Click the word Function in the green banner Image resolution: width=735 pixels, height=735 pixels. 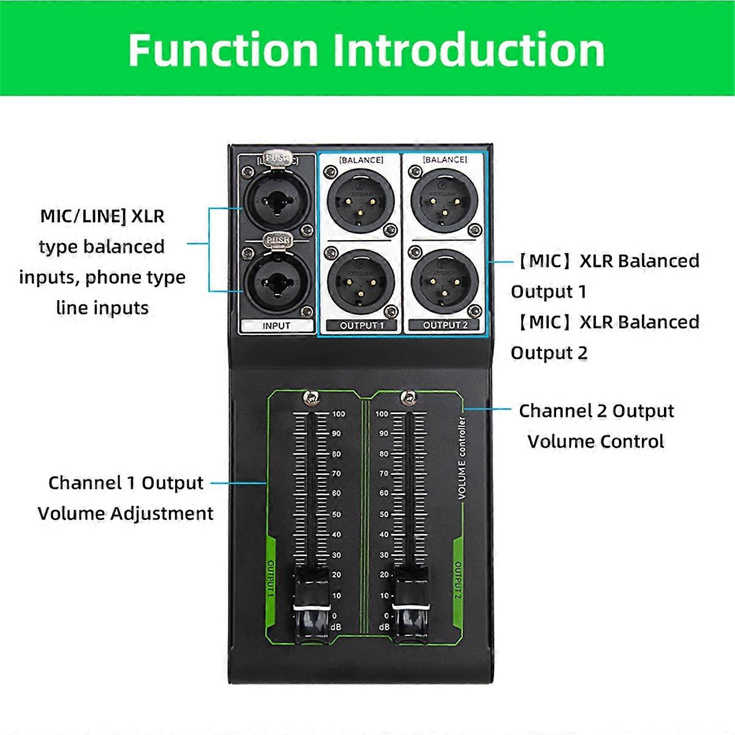[223, 50]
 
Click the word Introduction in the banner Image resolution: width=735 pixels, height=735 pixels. [469, 50]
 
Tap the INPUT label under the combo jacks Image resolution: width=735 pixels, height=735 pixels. [276, 326]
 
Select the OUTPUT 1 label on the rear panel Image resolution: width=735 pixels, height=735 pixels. [361, 325]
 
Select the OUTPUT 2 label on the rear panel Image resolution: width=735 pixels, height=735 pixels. [445, 325]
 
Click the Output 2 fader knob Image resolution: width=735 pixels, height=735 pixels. [410, 606]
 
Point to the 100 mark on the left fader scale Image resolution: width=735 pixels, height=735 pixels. [339, 414]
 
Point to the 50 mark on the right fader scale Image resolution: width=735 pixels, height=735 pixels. [384, 514]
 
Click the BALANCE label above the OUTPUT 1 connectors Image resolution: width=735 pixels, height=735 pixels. [361, 160]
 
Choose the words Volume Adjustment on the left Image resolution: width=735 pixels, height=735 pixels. [126, 513]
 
